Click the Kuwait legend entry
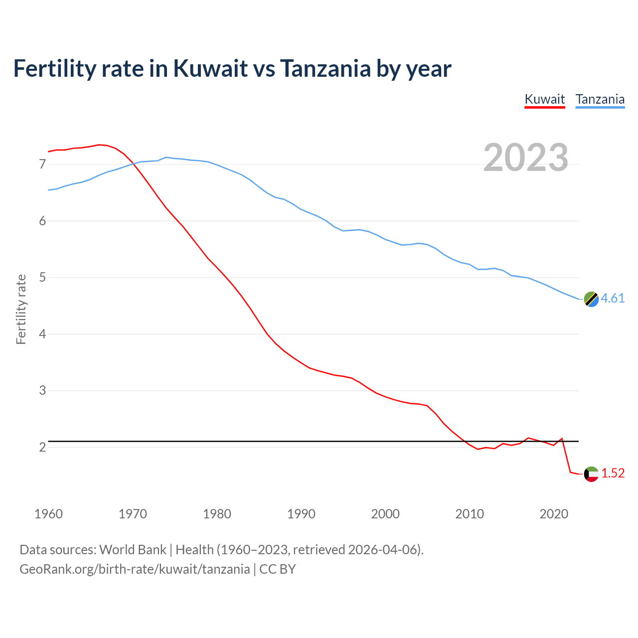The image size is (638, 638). (x=545, y=99)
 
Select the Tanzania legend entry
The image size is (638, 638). (x=600, y=99)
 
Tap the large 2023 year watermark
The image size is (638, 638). (x=526, y=158)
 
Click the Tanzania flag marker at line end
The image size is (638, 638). (x=591, y=299)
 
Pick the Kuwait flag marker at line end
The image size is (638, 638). (x=591, y=474)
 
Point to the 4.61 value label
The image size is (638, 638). (x=613, y=299)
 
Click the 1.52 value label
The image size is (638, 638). (x=613, y=474)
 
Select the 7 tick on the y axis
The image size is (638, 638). (x=42, y=164)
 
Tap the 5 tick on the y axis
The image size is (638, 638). (x=42, y=278)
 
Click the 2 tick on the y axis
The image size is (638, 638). (x=42, y=447)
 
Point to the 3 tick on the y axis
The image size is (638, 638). (x=42, y=391)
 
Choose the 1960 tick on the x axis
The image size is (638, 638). (x=48, y=514)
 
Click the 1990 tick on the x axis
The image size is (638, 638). (x=301, y=514)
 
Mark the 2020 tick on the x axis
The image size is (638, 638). (x=554, y=514)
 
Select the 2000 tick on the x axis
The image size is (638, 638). (x=385, y=514)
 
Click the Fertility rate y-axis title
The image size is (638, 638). (x=21, y=309)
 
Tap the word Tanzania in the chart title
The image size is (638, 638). (x=325, y=68)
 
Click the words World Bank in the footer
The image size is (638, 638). (x=133, y=550)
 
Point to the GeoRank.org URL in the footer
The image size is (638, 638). (x=135, y=569)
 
